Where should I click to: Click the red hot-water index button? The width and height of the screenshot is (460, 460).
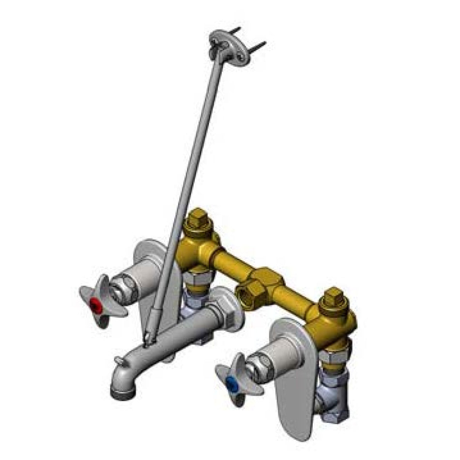[98, 305]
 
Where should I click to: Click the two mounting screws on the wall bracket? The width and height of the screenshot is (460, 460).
[249, 39]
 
